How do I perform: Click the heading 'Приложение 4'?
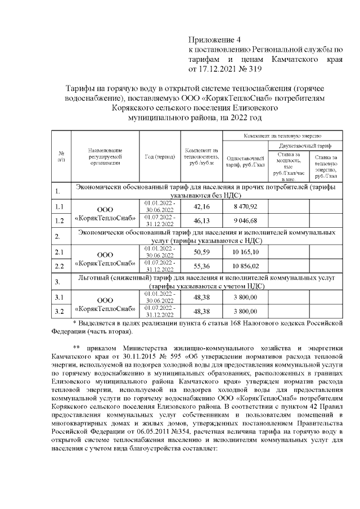coord(213,40)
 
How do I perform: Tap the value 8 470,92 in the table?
coord(245,207)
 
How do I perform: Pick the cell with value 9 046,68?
coord(245,220)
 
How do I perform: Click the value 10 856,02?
coord(245,265)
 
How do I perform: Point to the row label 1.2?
coord(59,220)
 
